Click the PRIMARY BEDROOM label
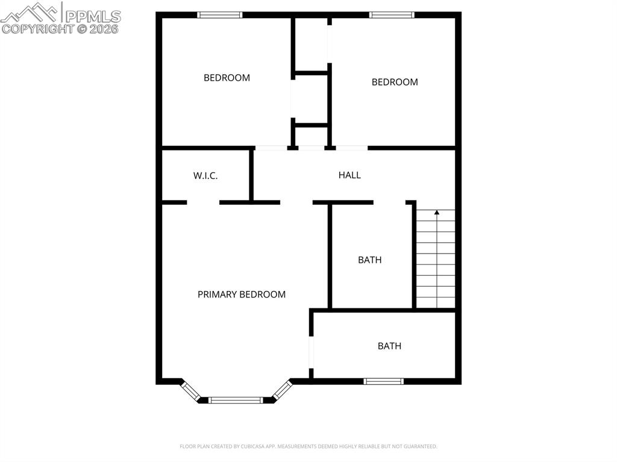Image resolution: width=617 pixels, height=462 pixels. click(x=241, y=295)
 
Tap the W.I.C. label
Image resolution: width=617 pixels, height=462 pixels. click(x=205, y=176)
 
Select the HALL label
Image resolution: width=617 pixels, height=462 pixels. click(x=349, y=175)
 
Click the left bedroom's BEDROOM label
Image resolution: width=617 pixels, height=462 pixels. click(x=227, y=78)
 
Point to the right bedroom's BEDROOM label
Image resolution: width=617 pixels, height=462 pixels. click(x=395, y=82)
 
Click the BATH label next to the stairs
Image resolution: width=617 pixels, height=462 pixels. click(x=369, y=260)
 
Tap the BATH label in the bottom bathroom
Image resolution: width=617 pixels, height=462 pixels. click(x=389, y=346)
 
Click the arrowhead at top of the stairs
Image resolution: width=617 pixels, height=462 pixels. click(x=437, y=213)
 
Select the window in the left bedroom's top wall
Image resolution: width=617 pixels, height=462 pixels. click(x=220, y=15)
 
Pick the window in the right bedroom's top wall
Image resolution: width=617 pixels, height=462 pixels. click(x=392, y=15)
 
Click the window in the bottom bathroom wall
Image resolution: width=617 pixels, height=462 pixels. click(x=383, y=381)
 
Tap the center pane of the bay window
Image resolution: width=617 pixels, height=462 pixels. click(x=236, y=399)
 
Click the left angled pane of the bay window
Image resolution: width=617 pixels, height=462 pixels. click(x=191, y=390)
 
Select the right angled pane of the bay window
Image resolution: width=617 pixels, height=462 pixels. click(x=281, y=390)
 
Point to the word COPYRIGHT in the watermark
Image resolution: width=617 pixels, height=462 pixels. click(x=37, y=28)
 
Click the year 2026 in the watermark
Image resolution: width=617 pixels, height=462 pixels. click(x=105, y=28)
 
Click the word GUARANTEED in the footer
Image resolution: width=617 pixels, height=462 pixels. click(x=419, y=446)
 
